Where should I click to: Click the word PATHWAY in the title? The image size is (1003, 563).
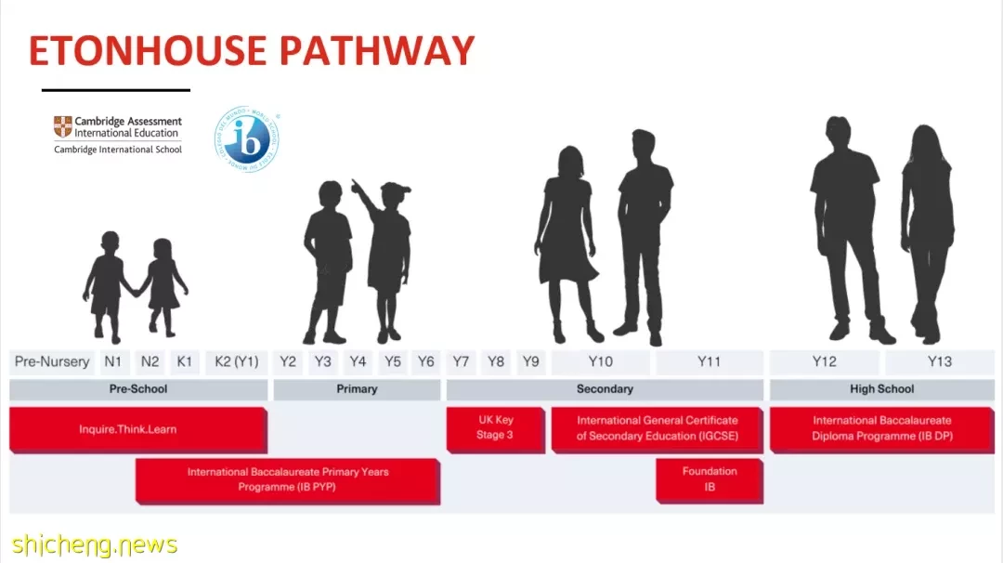[377, 50]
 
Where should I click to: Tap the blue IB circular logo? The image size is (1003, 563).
[247, 138]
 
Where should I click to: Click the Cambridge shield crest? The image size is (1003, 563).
[63, 126]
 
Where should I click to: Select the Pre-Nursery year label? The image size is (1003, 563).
[52, 361]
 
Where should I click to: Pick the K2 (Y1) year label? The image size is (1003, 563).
[237, 361]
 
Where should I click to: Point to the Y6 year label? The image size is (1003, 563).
[426, 361]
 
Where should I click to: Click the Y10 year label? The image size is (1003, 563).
[601, 361]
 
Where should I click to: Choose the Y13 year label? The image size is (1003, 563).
[940, 361]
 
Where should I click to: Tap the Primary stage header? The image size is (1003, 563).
[357, 389]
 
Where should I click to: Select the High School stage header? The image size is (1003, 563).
[882, 389]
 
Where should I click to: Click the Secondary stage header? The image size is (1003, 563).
[606, 389]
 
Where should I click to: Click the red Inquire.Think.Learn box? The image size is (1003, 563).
[138, 429]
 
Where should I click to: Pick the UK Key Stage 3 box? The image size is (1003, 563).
[496, 429]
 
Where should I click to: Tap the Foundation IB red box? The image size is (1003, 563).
[710, 480]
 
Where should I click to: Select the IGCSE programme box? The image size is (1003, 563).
[657, 429]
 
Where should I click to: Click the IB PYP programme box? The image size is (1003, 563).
[288, 480]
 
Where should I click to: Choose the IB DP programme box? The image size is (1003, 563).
[882, 429]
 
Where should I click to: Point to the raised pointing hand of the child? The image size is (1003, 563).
[355, 186]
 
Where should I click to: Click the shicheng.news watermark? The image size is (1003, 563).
[94, 545]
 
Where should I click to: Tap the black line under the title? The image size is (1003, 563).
[116, 90]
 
